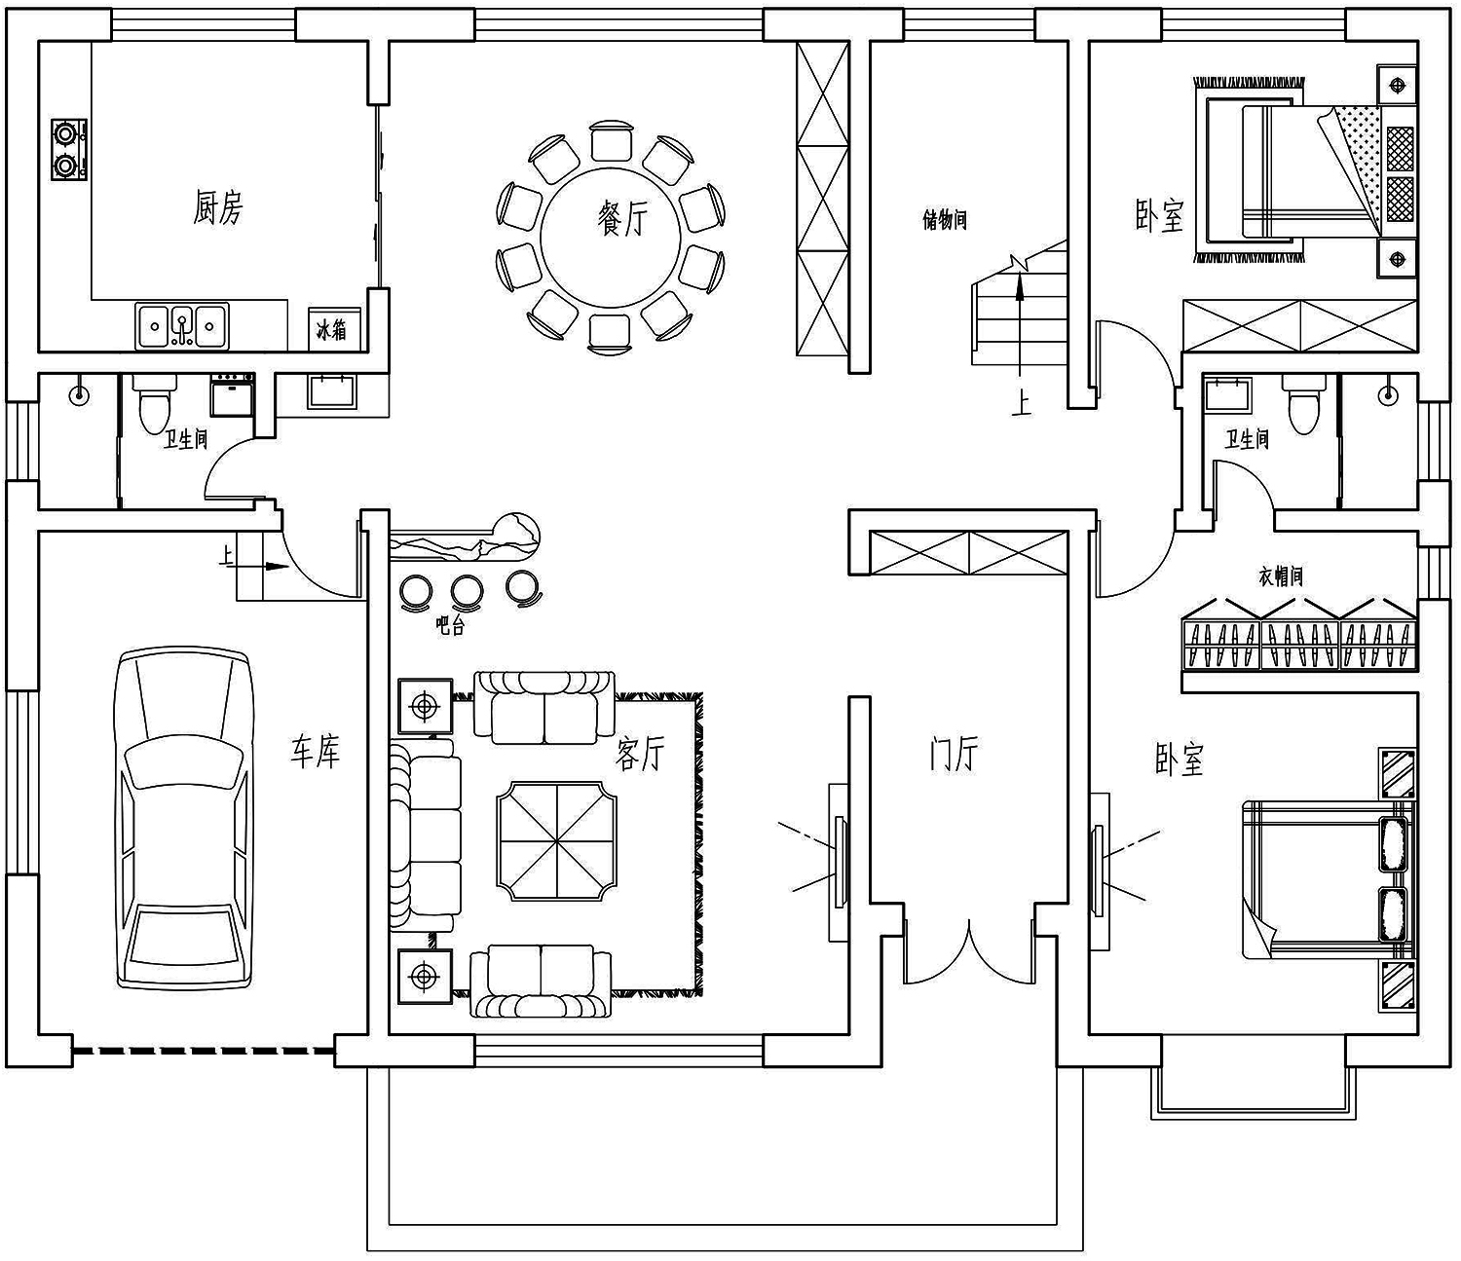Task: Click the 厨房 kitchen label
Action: coord(218,207)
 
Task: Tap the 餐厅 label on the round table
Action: coord(622,218)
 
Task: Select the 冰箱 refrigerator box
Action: coord(331,329)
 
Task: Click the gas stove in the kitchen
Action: coord(68,150)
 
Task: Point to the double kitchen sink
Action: coord(182,326)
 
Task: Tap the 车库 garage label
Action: coord(316,752)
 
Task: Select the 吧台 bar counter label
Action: coord(450,625)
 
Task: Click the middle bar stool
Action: coord(468,591)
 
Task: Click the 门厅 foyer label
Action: coord(954,754)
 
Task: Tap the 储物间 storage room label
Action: coord(945,220)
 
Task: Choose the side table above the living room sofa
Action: coord(425,706)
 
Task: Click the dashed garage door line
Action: coord(204,1052)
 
